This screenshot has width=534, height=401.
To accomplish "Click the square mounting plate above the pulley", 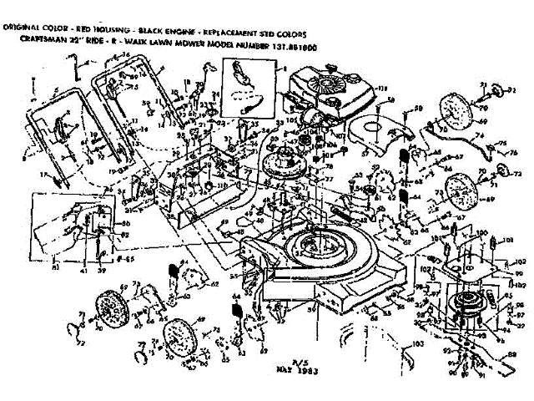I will (467, 267).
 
